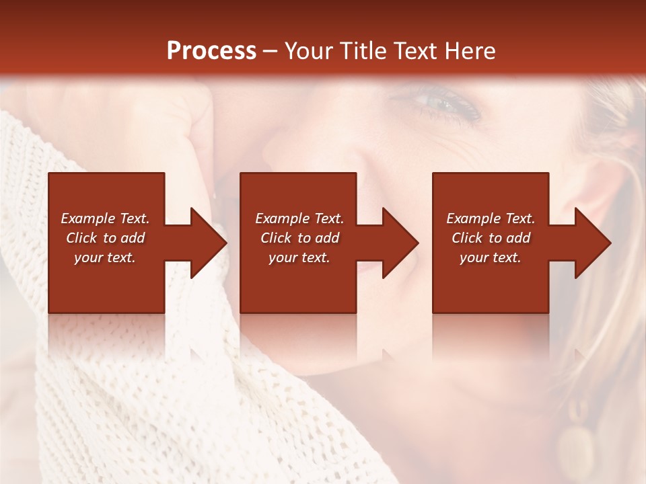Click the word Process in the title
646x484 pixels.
click(211, 51)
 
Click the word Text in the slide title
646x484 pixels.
click(414, 51)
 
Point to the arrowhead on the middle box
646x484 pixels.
click(399, 243)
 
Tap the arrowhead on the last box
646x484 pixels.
click(591, 243)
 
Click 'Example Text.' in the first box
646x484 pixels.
click(105, 218)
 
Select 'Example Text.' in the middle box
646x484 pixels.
click(299, 218)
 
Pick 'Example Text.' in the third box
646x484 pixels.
click(491, 218)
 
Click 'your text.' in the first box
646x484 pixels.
click(105, 257)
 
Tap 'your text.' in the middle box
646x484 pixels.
click(299, 257)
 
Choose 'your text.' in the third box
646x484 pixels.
click(491, 257)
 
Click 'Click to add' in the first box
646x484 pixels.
click(105, 238)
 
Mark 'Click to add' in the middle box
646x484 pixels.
click(299, 238)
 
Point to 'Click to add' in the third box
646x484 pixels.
click(491, 238)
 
